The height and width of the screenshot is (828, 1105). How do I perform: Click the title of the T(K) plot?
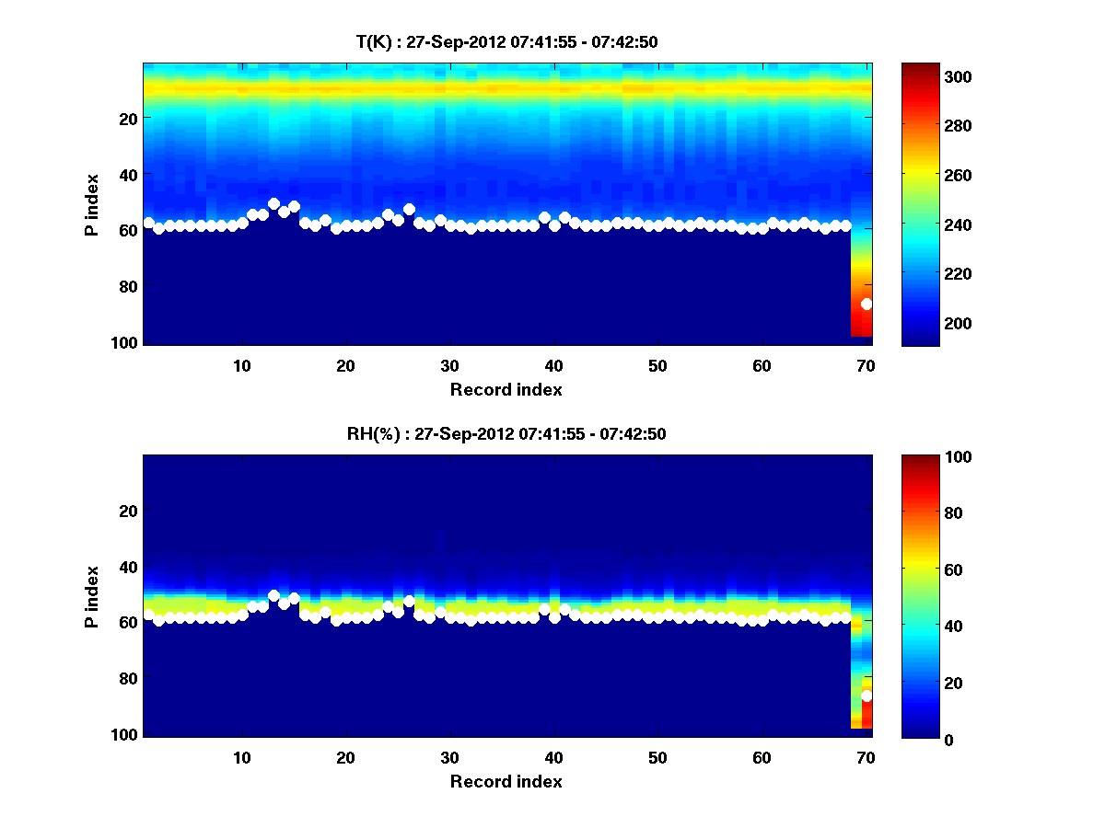click(506, 41)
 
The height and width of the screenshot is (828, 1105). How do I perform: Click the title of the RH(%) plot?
click(506, 433)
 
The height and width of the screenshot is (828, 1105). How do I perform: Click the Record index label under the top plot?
click(506, 389)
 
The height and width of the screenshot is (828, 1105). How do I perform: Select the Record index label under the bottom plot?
click(506, 781)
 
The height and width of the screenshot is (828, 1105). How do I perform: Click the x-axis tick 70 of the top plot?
click(866, 365)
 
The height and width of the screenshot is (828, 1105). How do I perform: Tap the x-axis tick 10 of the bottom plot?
click(241, 757)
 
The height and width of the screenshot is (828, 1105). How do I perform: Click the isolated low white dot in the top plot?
click(867, 304)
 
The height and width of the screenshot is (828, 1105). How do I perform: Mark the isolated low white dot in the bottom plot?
click(867, 696)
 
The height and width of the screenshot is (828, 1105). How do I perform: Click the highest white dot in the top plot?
click(273, 203)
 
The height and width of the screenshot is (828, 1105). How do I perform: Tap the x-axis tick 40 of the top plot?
click(553, 365)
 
